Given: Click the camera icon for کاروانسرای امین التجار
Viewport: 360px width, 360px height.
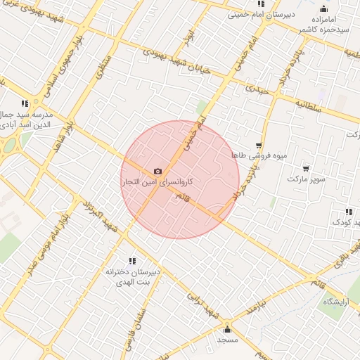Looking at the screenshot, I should pyautogui.click(x=157, y=172).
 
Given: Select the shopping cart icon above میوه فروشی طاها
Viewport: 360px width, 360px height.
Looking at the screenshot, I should pyautogui.click(x=259, y=146).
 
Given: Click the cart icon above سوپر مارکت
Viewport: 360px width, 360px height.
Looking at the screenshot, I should pyautogui.click(x=305, y=169).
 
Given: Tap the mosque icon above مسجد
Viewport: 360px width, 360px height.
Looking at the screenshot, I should pyautogui.click(x=227, y=329).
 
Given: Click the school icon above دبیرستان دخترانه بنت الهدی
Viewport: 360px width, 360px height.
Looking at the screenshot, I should pyautogui.click(x=132, y=261).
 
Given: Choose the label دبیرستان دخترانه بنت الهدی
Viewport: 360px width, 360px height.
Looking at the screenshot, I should pyautogui.click(x=134, y=276).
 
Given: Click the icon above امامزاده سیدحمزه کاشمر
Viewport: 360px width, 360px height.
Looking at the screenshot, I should pyautogui.click(x=323, y=9).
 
